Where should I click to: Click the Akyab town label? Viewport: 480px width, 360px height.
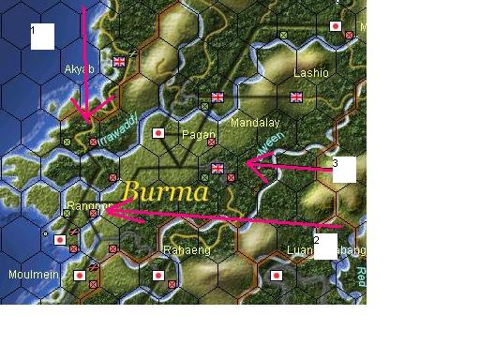pos(79,68)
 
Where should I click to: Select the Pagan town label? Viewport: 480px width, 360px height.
pos(199,134)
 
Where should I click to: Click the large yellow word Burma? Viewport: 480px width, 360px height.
pos(165,191)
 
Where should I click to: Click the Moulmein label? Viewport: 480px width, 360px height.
pos(27,275)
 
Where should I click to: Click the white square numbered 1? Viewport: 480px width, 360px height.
pos(42,36)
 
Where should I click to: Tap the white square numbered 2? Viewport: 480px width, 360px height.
pos(325,246)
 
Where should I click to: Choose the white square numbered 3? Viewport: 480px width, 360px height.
pos(344,169)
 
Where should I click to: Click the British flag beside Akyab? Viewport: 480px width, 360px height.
pos(119,62)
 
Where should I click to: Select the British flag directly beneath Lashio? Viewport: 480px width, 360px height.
pos(297,96)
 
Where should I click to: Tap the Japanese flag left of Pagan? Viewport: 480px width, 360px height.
pos(158,133)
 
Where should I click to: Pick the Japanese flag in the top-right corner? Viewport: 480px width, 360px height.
pos(336,27)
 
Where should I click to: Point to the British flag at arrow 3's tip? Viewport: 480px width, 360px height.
pos(218,169)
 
